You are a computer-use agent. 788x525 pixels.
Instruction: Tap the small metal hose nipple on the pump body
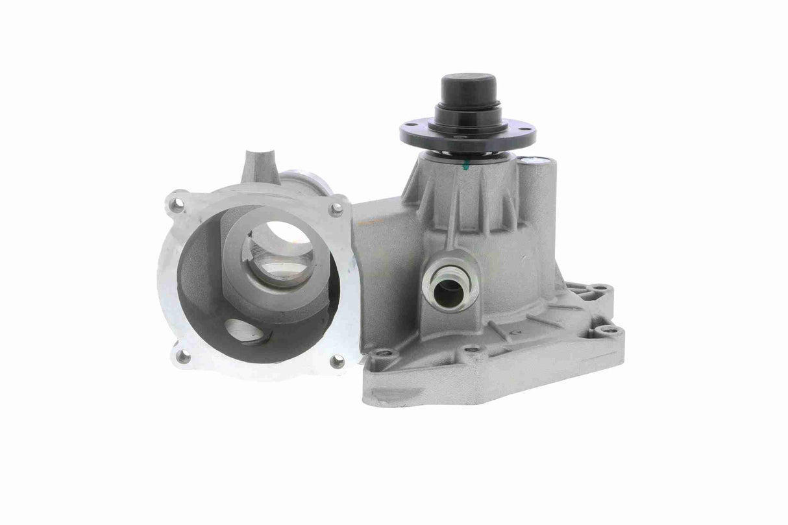coord(448,289)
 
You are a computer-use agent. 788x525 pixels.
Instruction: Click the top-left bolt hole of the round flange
coord(176,206)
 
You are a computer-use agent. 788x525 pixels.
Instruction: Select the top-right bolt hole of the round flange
coord(336,208)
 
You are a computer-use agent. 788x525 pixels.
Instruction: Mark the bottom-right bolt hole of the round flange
coord(337,361)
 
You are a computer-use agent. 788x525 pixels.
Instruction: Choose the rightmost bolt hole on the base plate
coord(609,330)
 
